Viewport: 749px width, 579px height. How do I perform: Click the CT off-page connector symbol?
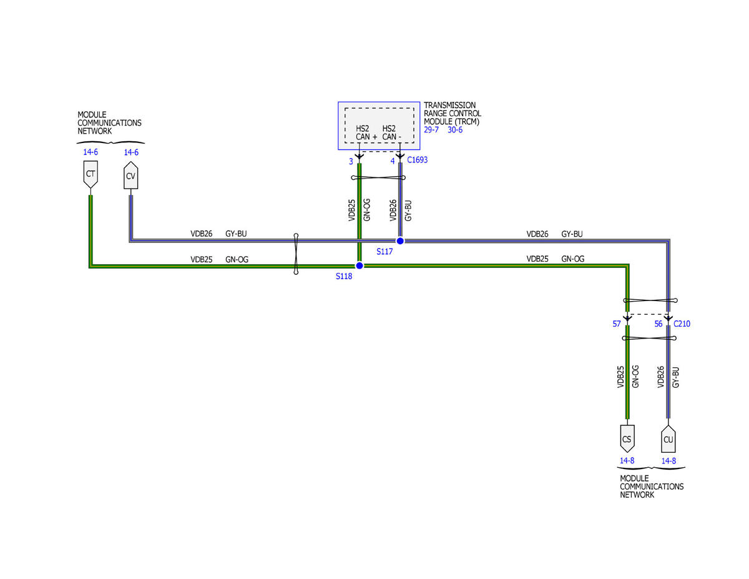91,174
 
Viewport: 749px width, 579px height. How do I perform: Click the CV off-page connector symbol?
130,175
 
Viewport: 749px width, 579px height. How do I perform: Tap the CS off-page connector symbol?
627,438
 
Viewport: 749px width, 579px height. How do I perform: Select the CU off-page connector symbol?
668,438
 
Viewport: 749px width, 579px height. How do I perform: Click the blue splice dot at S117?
400,241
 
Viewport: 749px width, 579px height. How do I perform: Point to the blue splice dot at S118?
360,265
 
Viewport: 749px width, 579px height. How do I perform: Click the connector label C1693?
417,160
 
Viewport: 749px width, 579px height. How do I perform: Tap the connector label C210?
682,324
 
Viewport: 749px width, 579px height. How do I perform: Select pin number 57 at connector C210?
616,324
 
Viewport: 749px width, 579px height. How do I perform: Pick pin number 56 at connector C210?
658,324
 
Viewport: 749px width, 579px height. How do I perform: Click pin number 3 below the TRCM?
351,161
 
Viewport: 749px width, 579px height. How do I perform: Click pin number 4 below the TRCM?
392,161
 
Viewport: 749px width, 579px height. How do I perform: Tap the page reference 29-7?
431,130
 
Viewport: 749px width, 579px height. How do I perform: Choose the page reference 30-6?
455,130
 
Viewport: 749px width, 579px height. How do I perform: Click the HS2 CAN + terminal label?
366,133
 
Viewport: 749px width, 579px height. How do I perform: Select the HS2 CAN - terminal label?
392,133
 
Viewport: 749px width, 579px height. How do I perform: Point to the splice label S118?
344,276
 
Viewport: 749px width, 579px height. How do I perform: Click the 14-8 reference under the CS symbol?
627,461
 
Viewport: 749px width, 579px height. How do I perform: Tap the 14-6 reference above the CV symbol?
131,152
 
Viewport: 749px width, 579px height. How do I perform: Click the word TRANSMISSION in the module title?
449,105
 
